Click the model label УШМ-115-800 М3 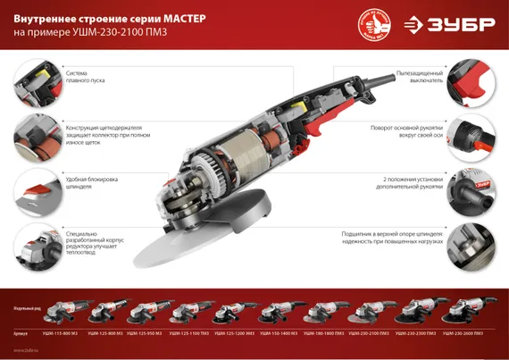click(60, 331)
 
